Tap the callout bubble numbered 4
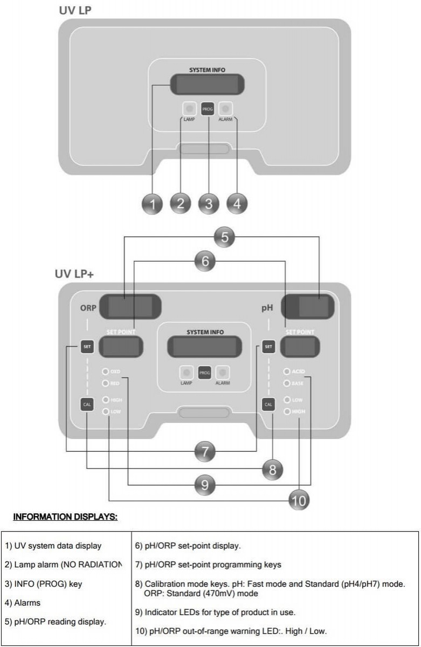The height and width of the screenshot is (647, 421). [x=237, y=203]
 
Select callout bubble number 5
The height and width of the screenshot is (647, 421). [x=226, y=236]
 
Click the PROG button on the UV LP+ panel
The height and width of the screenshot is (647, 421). [x=204, y=373]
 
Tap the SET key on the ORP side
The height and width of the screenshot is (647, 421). [x=86, y=347]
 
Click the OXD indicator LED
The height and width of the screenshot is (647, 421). [x=106, y=371]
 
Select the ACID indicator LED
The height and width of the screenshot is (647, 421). [x=287, y=371]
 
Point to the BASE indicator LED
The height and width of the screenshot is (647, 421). [x=287, y=383]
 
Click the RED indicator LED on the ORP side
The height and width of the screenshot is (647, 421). [x=106, y=383]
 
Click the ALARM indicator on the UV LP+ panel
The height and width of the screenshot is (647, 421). [x=223, y=373]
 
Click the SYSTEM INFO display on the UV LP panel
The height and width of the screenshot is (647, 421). [x=208, y=84]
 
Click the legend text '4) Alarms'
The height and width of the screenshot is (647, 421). [x=23, y=603]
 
